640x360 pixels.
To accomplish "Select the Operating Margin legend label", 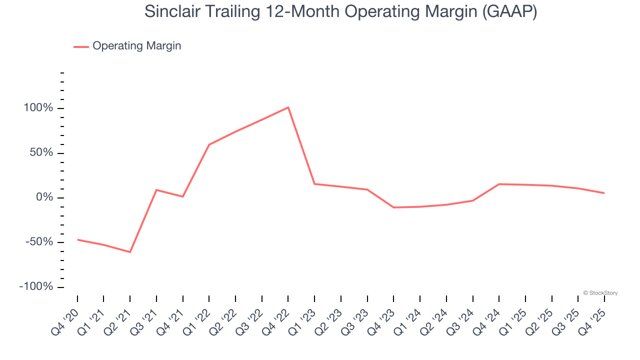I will click(136, 46).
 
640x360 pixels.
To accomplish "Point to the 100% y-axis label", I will click(38, 108).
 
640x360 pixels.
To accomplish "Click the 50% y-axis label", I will click(41, 153).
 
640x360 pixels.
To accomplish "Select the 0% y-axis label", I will click(44, 197).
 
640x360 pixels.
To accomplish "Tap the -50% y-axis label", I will click(39, 242).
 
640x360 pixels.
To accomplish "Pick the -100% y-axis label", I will click(36, 287).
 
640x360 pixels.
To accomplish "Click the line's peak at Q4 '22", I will click(288, 107).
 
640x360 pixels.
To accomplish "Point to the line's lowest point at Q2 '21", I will click(130, 252).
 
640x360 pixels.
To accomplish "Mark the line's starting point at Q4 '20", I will click(77, 239).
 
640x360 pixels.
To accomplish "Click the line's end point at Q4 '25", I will click(604, 193).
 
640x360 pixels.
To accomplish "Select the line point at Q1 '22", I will click(209, 145).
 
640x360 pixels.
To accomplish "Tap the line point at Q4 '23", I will click(393, 207).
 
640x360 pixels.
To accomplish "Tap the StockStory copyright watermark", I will click(600, 293).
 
